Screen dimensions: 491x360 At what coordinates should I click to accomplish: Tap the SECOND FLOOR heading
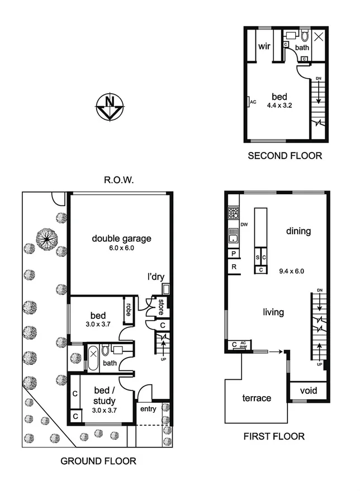point(285,156)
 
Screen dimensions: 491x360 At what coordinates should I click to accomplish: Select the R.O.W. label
point(120,180)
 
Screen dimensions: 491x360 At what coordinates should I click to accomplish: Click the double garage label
point(121,239)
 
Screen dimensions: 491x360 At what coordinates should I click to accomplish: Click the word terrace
point(257,398)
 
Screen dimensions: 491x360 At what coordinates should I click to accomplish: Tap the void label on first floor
point(309,390)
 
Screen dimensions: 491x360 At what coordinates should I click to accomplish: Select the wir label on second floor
point(264,46)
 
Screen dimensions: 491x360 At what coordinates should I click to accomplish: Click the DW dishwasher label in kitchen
point(244,225)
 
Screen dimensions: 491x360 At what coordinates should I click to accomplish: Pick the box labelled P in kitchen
point(233,254)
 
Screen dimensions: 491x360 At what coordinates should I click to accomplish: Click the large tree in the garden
point(47,239)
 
